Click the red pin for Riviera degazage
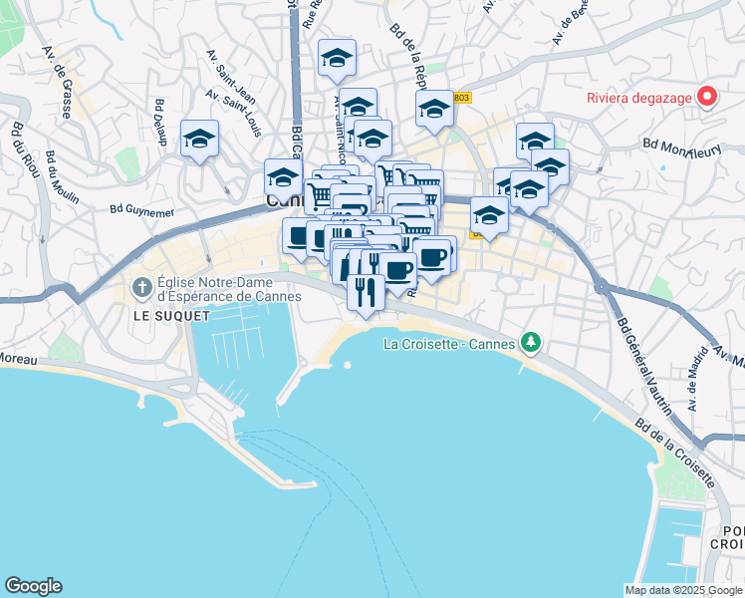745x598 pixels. point(707,96)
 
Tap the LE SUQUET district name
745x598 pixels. point(172,316)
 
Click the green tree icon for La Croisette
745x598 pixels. point(531,343)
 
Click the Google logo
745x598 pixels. point(33,586)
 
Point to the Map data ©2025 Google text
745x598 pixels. point(683,590)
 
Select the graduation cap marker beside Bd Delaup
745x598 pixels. point(199,139)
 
